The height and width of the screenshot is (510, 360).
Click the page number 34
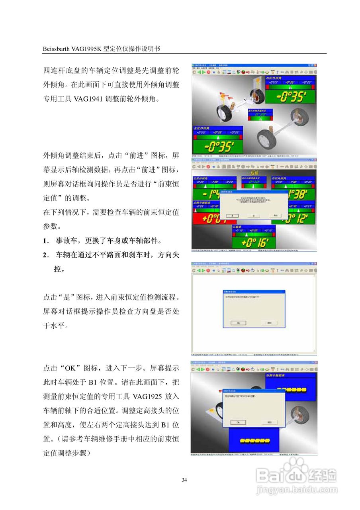pyautogui.click(x=184, y=480)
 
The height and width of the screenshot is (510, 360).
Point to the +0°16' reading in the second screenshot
pyautogui.click(x=254, y=242)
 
